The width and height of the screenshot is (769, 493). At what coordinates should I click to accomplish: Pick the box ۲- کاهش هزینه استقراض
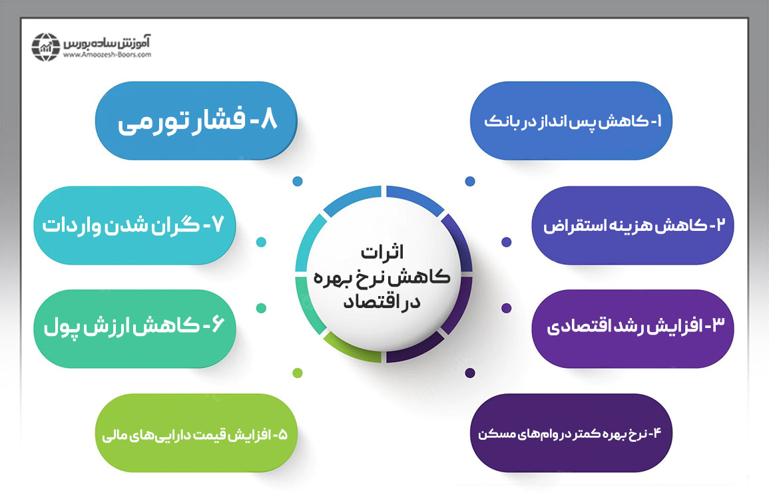pyautogui.click(x=633, y=226)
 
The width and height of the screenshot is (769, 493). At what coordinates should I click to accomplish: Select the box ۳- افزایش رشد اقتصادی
pyautogui.click(x=633, y=328)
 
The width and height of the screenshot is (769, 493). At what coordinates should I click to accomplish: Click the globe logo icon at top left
pyautogui.click(x=45, y=45)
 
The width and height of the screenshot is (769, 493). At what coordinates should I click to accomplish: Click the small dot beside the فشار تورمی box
pyautogui.click(x=298, y=181)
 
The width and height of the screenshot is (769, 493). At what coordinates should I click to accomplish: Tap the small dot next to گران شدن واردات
pyautogui.click(x=261, y=242)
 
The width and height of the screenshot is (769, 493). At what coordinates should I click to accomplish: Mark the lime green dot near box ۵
pyautogui.click(x=298, y=373)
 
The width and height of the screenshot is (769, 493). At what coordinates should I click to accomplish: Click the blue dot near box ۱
pyautogui.click(x=470, y=181)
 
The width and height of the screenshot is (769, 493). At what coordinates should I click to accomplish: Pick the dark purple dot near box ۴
pyautogui.click(x=470, y=373)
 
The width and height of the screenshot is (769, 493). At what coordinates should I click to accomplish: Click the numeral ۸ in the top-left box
pyautogui.click(x=268, y=122)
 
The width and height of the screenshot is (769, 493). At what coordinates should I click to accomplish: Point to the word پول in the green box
pyautogui.click(x=64, y=329)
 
